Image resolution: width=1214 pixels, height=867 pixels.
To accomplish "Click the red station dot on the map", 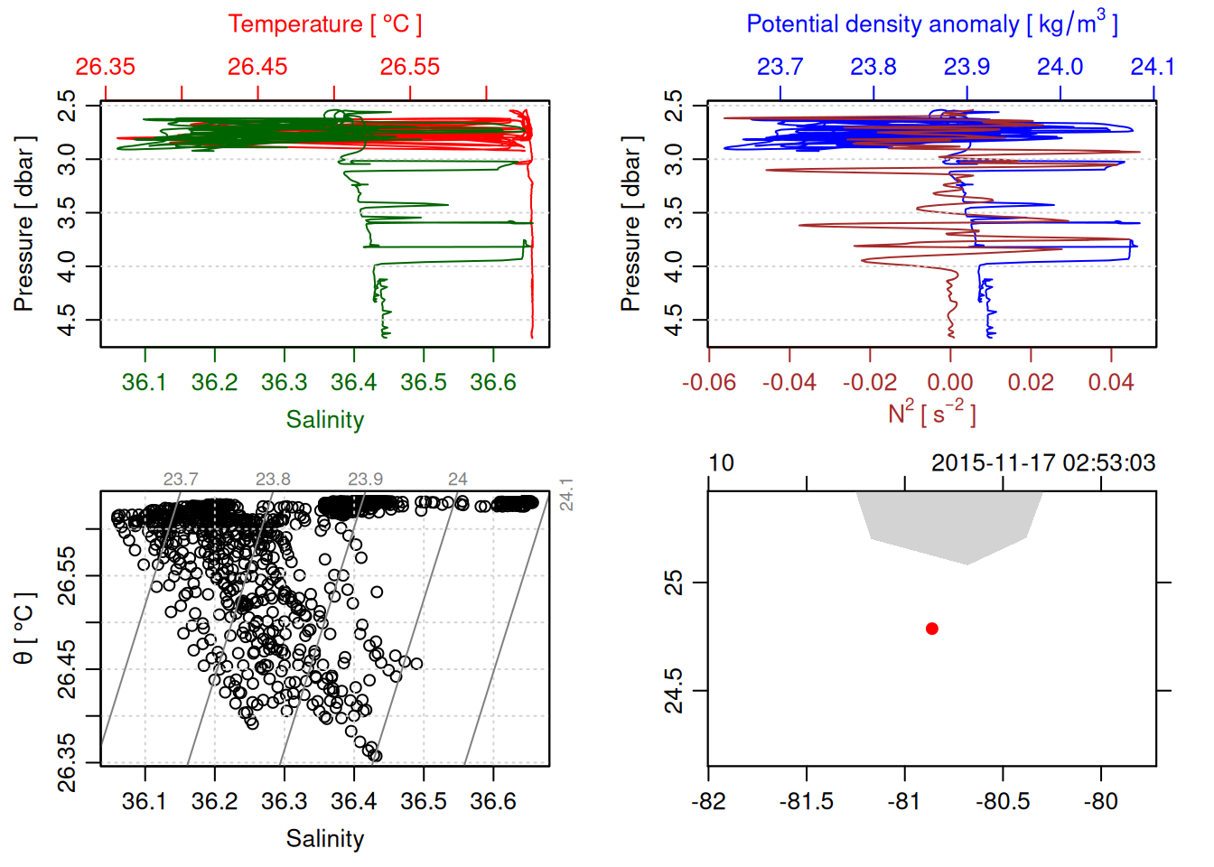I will tap(931, 629).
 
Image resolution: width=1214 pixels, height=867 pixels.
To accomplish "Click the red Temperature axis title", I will tap(324, 24).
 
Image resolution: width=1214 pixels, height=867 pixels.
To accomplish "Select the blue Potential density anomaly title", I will tap(931, 23).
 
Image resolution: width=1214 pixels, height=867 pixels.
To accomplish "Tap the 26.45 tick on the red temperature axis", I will tap(257, 67).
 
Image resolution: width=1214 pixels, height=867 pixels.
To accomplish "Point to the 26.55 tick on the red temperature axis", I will tap(410, 67).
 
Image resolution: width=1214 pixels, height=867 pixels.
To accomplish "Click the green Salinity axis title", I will tap(324, 420).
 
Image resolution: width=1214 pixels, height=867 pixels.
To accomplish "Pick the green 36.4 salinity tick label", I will tap(353, 383).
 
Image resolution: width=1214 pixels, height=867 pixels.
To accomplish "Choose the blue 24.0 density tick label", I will tap(1060, 67).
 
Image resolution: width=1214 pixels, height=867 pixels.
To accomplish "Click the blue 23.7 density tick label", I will tap(780, 67).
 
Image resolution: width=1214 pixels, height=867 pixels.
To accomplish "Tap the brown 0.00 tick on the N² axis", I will tap(950, 383).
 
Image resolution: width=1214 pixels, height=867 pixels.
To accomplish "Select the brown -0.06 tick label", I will tap(709, 383).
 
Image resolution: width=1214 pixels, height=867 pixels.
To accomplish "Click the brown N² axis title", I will tap(931, 414).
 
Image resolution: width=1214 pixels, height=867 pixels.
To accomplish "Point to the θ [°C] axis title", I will tap(24, 629).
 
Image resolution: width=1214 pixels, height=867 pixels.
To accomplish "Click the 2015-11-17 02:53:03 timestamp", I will tap(1042, 463).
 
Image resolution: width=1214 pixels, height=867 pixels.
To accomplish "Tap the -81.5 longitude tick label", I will tap(806, 802).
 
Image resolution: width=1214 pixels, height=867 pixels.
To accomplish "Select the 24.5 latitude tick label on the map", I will tap(674, 691).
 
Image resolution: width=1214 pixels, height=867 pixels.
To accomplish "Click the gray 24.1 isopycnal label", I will tap(566, 495).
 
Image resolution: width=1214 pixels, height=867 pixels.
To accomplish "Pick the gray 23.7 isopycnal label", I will tap(181, 480).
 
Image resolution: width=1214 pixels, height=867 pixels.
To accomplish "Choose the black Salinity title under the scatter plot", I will tap(324, 839).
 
